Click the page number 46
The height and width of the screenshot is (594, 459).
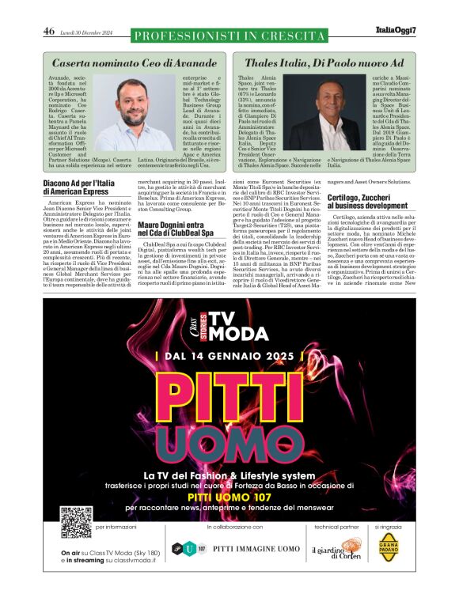point(49,32)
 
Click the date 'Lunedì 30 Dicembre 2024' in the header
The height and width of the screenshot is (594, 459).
point(88,32)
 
